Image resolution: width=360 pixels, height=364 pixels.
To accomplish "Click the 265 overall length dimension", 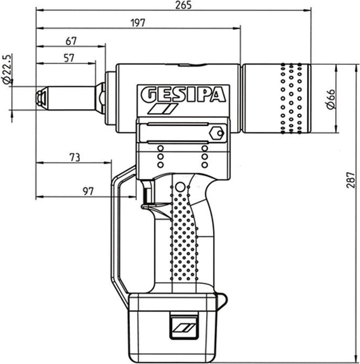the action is pos(184,5).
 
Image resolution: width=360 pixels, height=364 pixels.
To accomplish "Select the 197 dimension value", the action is pos(138,23).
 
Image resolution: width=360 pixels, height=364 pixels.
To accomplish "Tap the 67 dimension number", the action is pos(71,41).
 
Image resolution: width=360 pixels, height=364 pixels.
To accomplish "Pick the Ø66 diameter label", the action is pos(331,100).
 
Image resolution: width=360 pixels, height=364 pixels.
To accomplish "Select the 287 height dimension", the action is pos(351,180).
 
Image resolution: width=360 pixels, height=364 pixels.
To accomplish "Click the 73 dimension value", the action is pos(74,157).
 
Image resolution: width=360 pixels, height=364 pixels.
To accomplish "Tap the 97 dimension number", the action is pos(88,191).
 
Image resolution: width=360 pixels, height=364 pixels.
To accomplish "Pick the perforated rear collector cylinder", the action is pos(276,99).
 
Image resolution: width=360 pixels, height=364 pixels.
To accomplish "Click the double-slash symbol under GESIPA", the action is pos(162,109).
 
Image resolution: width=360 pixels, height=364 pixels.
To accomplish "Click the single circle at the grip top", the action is pos(180,186).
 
